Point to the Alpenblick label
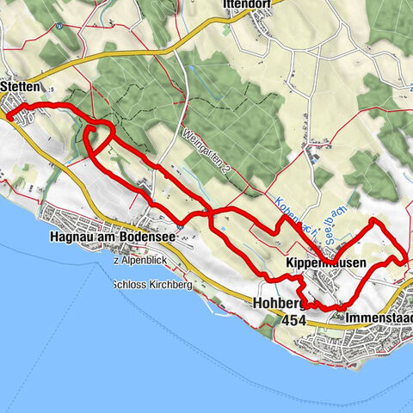[x=141, y=260]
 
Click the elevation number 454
[x=293, y=319]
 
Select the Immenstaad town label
[x=377, y=318]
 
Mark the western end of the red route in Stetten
[x=7, y=115]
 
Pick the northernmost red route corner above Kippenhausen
[x=373, y=222]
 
